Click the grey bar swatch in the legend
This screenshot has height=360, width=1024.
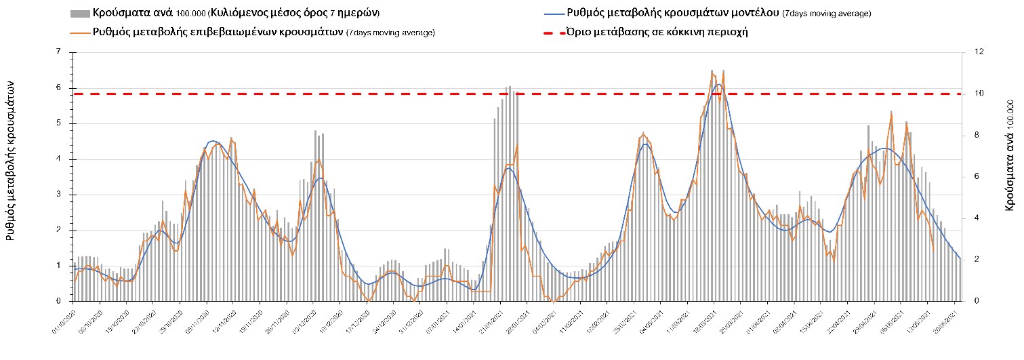[79, 14]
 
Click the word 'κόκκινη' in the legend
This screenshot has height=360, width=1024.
[686, 32]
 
